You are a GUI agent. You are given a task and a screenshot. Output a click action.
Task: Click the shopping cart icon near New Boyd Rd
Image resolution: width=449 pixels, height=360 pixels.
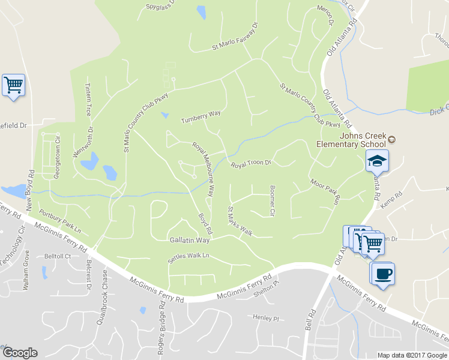click(x=13, y=85)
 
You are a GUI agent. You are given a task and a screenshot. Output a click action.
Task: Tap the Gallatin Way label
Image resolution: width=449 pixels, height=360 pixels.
click(x=188, y=240)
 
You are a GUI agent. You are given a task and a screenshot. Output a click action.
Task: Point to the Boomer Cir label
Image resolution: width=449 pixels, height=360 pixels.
click(x=272, y=200)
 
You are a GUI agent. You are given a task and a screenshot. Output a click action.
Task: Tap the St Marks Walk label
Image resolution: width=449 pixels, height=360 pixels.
click(x=240, y=221)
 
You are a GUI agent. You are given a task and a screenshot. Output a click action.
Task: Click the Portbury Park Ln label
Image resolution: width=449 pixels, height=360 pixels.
click(x=59, y=220)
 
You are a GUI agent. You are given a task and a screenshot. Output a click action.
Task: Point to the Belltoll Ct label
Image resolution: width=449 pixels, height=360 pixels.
click(x=57, y=256)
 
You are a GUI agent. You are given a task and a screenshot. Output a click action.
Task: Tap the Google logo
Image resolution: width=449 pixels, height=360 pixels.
click(x=20, y=353)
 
